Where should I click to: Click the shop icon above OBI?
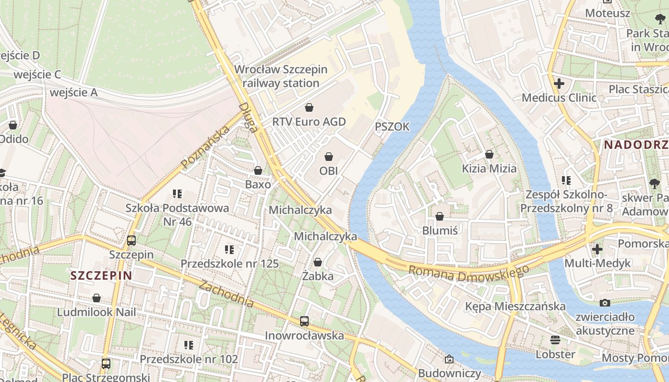click(x=329, y=157)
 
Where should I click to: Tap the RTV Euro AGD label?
click(x=309, y=122)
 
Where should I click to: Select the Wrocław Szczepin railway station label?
click(x=281, y=76)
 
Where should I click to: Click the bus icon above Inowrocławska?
click(x=304, y=321)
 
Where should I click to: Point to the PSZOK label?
click(x=392, y=127)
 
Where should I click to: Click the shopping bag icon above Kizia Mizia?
click(x=489, y=154)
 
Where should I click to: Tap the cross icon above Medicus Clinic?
click(x=559, y=84)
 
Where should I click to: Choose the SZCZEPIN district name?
click(x=101, y=276)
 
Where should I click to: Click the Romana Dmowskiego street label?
click(x=468, y=273)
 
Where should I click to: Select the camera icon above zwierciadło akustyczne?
click(x=605, y=303)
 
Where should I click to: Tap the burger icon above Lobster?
click(x=555, y=340)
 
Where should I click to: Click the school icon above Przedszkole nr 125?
click(x=229, y=249)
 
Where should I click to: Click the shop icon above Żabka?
click(x=318, y=262)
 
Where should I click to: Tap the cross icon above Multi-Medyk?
click(x=597, y=249)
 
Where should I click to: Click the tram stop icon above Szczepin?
click(x=131, y=241)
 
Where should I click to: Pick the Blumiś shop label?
click(x=440, y=231)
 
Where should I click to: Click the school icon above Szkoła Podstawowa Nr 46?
click(x=177, y=194)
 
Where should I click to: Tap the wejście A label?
click(x=74, y=92)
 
